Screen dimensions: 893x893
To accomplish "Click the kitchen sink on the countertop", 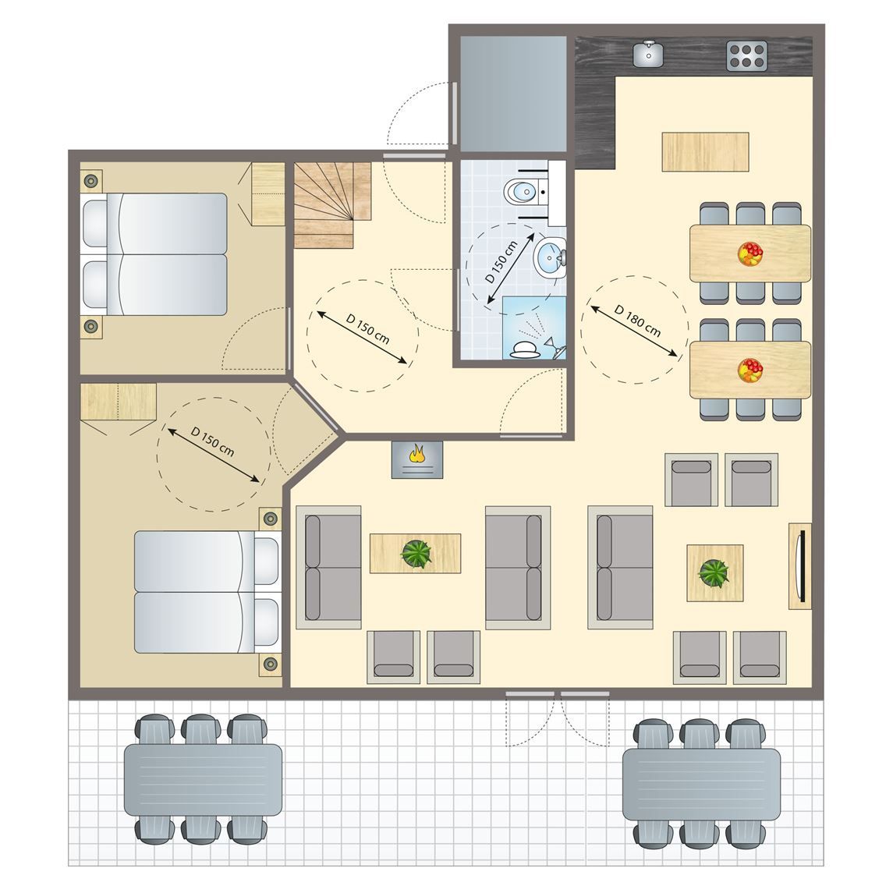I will coord(648,54).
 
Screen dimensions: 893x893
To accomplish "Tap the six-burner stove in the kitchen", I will coord(747,55).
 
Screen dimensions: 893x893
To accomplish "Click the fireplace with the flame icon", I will coord(416,459).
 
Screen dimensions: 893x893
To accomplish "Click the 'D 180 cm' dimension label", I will coord(637,321).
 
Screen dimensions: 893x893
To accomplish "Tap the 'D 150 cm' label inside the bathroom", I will coord(501,262).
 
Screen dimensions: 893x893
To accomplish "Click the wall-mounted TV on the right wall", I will coord(799,565).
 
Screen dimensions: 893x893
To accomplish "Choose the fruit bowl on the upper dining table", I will coord(750,253).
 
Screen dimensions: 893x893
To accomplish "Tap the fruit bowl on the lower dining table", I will coord(750,370).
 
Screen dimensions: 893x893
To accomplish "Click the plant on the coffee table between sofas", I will coord(416,554).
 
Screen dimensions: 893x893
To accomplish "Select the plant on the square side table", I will coord(714,572).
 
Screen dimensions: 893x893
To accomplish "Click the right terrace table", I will coord(700,784).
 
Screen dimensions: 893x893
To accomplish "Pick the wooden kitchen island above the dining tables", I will coord(705,151).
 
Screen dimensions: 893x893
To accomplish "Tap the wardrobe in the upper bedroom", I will coord(268,193).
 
